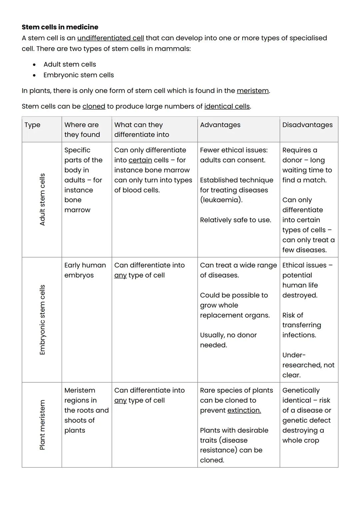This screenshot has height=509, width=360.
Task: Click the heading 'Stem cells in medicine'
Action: coord(60,27)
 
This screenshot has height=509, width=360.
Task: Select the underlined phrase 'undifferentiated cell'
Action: coord(110,38)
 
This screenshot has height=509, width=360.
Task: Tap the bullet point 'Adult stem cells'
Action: coord(70,64)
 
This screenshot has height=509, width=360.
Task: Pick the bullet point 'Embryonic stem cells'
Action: coord(79,75)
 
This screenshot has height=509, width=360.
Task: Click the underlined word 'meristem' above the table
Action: coord(253,91)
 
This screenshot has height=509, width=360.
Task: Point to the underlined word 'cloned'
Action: coord(94,106)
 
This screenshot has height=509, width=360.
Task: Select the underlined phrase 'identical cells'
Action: coord(227,106)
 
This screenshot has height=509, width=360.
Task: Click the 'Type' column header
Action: coord(32,125)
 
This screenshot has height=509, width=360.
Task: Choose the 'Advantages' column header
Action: coord(220,125)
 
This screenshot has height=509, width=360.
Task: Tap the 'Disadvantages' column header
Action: coord(307,125)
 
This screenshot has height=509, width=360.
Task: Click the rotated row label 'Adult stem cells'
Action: coord(42,199)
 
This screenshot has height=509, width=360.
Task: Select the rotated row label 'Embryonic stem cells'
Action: coord(42,319)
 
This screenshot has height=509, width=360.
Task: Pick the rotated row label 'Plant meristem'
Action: coord(42,425)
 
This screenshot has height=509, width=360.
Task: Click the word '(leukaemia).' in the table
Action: coord(221,200)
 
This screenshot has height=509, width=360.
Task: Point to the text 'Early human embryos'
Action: coord(85,270)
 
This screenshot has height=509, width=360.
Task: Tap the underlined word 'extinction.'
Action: coord(244,410)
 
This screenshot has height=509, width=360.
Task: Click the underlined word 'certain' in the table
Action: coord(140,160)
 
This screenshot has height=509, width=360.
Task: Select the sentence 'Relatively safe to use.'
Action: coord(235,220)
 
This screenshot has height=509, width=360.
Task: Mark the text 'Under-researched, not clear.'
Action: coord(308,365)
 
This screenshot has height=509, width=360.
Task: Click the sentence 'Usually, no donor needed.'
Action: coord(228,340)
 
